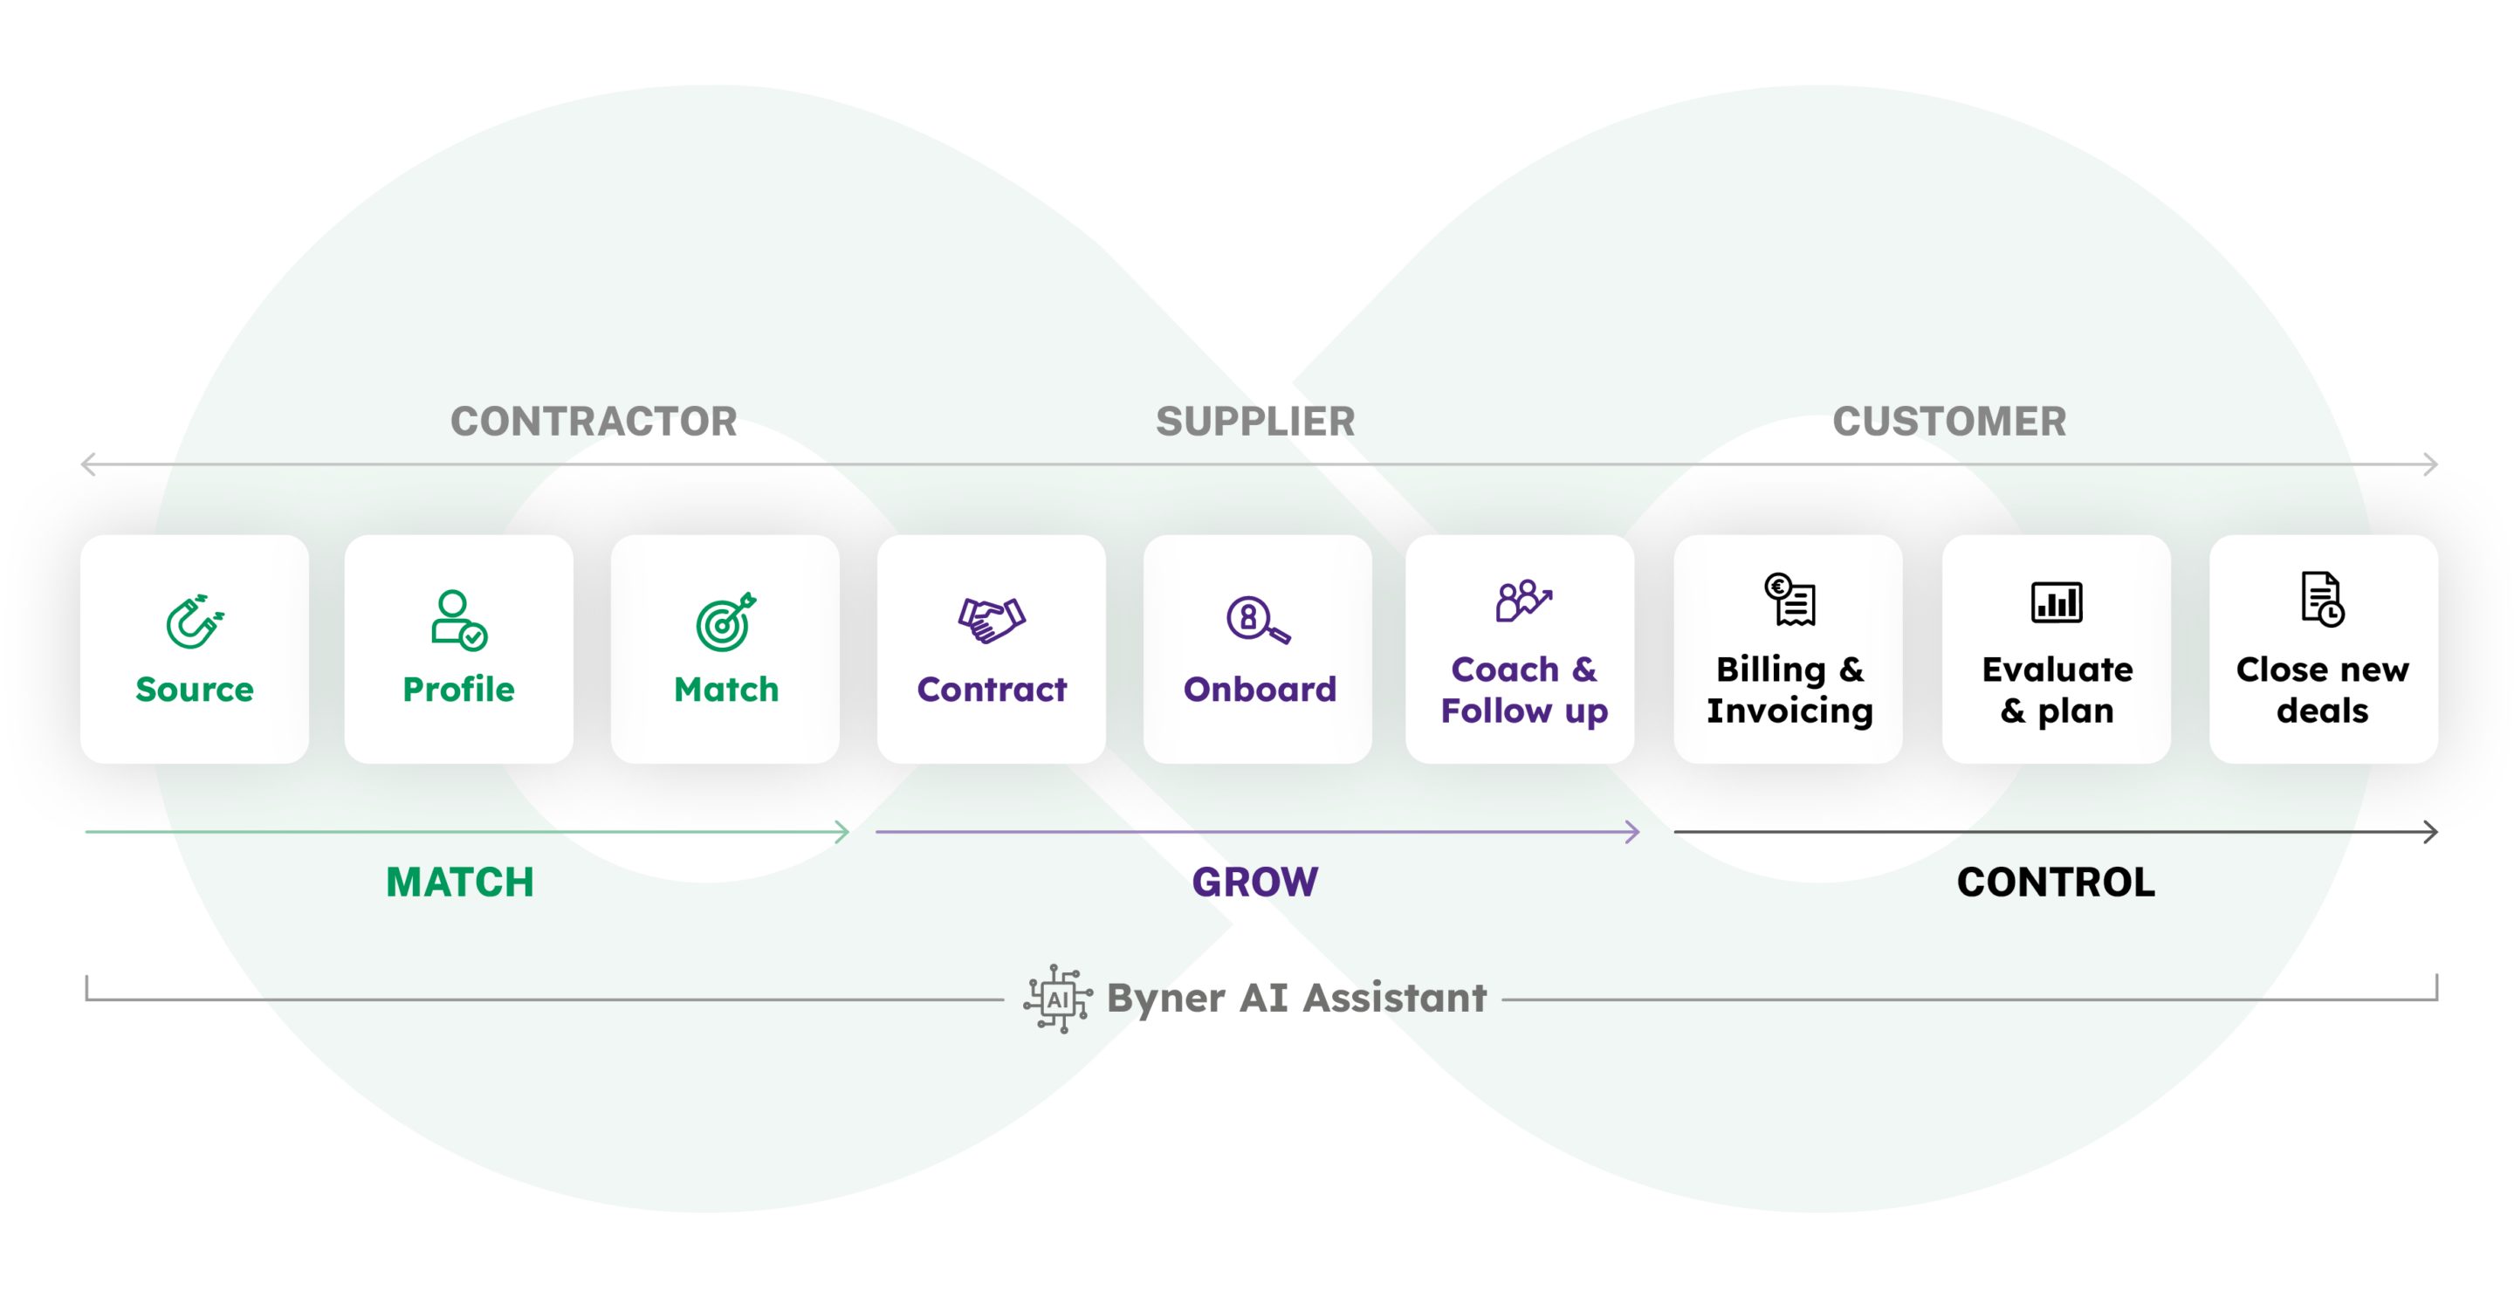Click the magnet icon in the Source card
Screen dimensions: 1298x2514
click(x=194, y=621)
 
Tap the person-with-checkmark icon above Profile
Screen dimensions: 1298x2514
click(x=457, y=620)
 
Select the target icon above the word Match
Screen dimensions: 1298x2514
click(x=725, y=622)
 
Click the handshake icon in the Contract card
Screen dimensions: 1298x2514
click(x=991, y=620)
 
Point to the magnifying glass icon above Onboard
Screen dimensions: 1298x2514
click(x=1256, y=620)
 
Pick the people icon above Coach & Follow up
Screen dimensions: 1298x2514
click(x=1521, y=601)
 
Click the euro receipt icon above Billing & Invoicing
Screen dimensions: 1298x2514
click(x=1789, y=599)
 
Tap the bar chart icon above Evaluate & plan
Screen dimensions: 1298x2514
click(x=2057, y=601)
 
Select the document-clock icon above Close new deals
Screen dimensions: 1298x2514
click(x=2322, y=599)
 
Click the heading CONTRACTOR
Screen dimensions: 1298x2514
click(x=594, y=422)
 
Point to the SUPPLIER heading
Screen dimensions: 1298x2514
click(x=1255, y=422)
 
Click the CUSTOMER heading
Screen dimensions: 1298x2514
click(x=1949, y=422)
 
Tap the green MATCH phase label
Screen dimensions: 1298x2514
click(x=460, y=883)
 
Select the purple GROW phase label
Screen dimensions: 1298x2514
click(x=1255, y=883)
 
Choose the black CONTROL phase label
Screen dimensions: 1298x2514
click(x=2056, y=883)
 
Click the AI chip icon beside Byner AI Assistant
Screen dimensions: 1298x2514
click(x=1057, y=999)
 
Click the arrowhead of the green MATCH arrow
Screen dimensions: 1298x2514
click(x=843, y=832)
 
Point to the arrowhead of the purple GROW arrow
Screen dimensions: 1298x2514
click(x=1631, y=832)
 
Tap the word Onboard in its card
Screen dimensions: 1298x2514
click(x=1259, y=689)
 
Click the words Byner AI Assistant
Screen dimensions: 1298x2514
click(x=1296, y=999)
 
